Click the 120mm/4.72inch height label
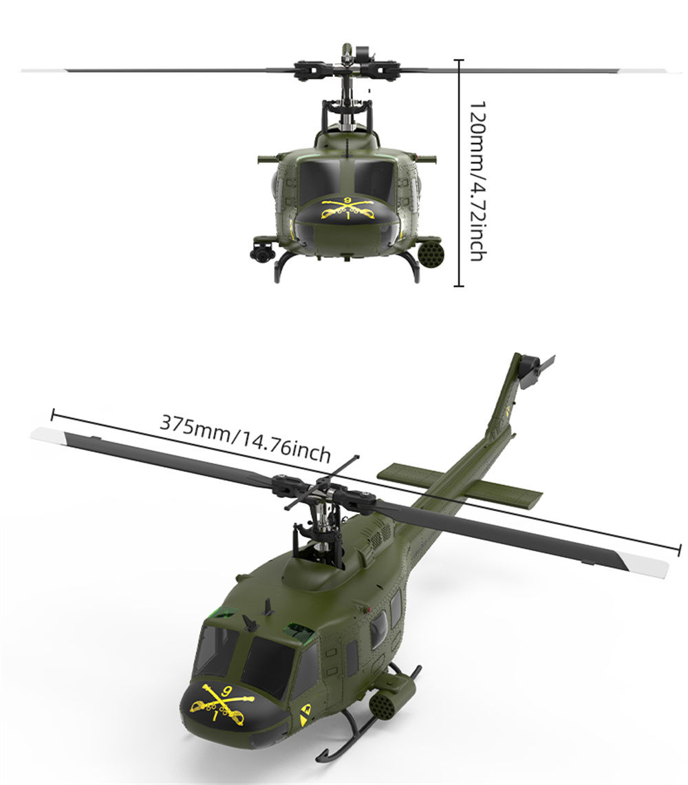477,181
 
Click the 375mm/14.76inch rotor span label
245,438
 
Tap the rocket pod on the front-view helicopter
429,254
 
